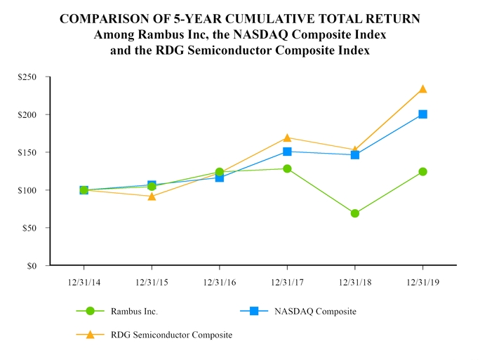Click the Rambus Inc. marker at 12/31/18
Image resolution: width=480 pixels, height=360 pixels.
click(354, 213)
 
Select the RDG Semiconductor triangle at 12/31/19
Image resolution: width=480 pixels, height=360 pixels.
click(422, 89)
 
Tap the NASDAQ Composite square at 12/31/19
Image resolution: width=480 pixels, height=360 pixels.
click(422, 114)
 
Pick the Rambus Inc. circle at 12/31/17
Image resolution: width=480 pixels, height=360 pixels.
click(287, 168)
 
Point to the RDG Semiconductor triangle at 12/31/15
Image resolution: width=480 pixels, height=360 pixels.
click(152, 196)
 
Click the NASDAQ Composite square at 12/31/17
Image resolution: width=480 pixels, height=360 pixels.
click(287, 152)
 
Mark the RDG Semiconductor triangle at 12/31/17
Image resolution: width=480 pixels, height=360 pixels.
click(287, 138)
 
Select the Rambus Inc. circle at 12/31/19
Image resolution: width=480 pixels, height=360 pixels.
click(422, 171)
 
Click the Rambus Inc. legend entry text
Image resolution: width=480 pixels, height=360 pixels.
click(139, 312)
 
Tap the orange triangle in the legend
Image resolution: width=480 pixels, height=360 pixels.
click(90, 335)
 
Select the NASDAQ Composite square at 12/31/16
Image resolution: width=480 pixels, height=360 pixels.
click(220, 178)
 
